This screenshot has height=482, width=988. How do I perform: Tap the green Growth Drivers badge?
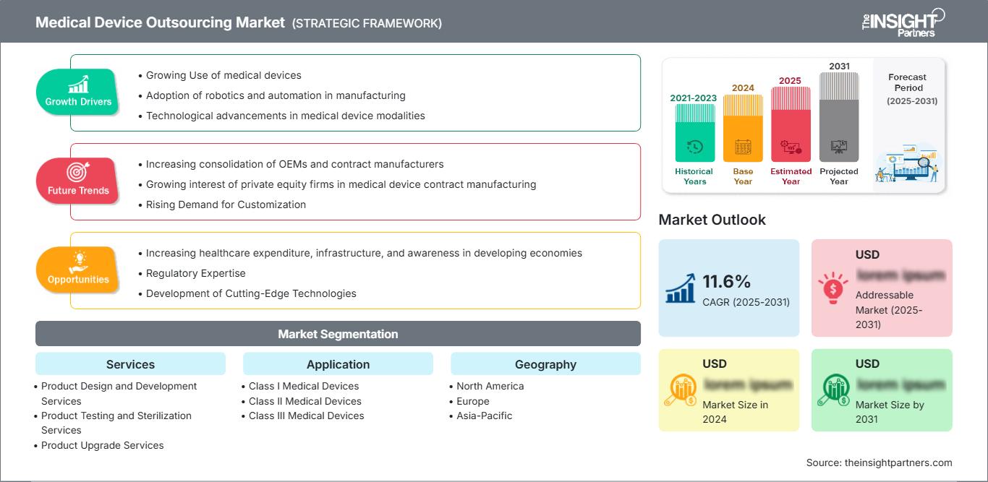(x=78, y=92)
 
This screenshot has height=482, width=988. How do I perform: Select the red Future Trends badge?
(x=77, y=181)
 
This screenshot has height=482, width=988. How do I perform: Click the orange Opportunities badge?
(x=78, y=270)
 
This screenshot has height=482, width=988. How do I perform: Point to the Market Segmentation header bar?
(x=338, y=334)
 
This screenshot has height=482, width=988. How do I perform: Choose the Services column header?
(x=130, y=364)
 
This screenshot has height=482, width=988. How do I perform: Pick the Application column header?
(x=338, y=364)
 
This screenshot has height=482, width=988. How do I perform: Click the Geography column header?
(x=545, y=364)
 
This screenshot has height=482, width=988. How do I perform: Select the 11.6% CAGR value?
(x=726, y=281)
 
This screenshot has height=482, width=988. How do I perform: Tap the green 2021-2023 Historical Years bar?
(x=694, y=133)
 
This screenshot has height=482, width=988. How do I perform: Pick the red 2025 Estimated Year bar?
(x=791, y=124)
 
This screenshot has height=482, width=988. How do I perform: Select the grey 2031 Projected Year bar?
(x=839, y=116)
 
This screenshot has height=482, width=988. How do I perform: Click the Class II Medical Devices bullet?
(x=305, y=401)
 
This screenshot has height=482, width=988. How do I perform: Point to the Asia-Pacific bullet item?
(x=484, y=416)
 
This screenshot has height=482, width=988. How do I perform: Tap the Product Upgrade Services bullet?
(x=102, y=445)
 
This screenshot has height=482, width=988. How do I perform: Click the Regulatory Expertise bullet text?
(x=195, y=273)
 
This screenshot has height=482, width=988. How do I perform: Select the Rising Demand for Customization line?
(x=226, y=205)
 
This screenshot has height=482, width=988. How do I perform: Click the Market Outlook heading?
(x=712, y=220)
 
